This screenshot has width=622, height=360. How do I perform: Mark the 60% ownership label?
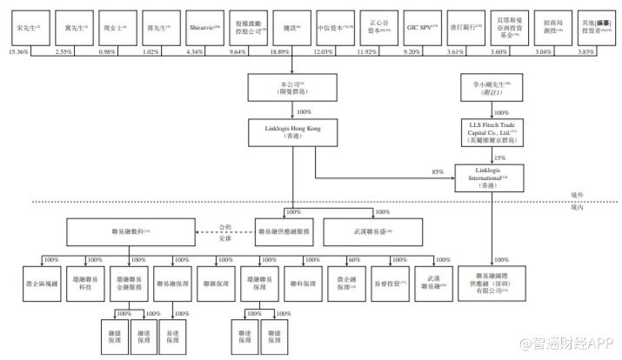click(x=354, y=259)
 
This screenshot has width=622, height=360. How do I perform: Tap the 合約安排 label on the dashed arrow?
click(x=225, y=231)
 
